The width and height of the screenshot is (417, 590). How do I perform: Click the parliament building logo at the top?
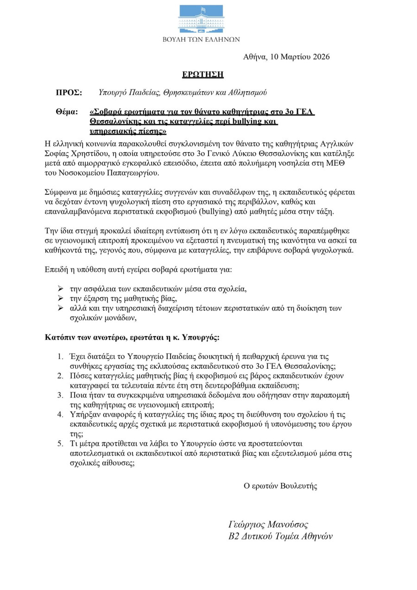[201, 19]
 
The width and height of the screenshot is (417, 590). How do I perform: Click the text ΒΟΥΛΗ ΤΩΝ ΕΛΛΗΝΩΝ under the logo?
[201, 39]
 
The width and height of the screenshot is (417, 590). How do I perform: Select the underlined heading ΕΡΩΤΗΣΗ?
[202, 74]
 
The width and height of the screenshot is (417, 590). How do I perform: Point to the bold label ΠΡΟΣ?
[69, 93]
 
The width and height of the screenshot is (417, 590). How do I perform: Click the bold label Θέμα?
[67, 112]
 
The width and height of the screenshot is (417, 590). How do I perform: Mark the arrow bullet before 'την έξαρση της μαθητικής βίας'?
[60, 298]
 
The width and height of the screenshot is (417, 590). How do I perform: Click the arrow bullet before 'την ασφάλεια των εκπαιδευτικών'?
[60, 289]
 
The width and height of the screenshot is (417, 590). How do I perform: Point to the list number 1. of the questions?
[60, 356]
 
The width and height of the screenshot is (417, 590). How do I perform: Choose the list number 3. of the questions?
[60, 395]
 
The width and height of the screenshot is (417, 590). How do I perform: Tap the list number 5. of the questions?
[60, 443]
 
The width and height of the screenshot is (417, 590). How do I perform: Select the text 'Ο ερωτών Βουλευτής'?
[280, 486]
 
